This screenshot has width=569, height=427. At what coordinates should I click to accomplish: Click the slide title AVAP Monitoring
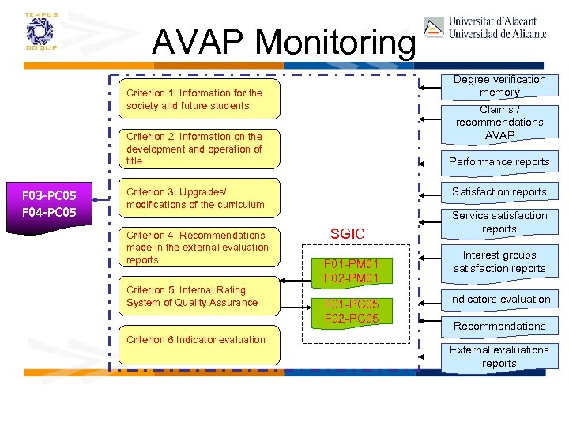click(x=282, y=41)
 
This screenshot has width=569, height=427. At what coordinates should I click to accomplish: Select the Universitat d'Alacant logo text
click(x=497, y=28)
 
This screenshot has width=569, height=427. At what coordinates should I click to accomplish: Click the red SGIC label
click(x=348, y=233)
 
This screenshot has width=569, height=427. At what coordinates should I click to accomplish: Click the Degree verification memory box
click(x=499, y=85)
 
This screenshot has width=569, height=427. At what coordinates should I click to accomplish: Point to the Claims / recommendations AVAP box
click(x=499, y=123)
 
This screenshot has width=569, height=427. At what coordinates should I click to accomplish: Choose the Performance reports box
click(x=499, y=161)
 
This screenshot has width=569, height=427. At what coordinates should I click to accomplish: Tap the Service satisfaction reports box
click(x=499, y=222)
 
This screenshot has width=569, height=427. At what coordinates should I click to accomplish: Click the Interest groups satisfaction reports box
click(x=499, y=262)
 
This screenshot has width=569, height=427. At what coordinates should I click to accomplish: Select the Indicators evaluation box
click(x=499, y=299)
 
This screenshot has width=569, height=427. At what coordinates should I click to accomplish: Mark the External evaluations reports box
click(x=499, y=357)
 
